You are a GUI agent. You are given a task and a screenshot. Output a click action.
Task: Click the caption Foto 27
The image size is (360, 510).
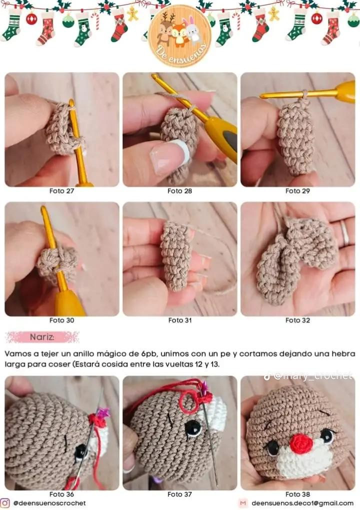61,190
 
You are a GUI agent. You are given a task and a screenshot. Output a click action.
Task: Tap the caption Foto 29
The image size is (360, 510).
297,190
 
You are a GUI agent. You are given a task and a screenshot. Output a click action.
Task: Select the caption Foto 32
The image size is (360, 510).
297,320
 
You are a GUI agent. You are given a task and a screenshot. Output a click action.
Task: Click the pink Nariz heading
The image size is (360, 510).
42,337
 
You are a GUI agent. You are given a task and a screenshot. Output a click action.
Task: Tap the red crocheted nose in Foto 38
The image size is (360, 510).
300,443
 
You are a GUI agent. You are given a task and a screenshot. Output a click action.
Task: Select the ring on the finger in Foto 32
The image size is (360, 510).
345,232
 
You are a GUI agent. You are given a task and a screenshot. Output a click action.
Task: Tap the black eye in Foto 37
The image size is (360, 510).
193,427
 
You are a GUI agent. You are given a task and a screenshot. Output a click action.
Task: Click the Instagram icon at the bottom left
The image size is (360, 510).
5,503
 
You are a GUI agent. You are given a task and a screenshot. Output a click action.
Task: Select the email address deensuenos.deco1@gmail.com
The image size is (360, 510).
302,503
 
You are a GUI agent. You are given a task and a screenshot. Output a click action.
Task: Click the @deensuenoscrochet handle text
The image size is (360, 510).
49,503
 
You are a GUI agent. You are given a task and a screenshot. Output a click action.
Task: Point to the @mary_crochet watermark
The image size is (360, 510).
312,376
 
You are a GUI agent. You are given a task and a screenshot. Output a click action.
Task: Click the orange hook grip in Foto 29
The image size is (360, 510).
345,91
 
